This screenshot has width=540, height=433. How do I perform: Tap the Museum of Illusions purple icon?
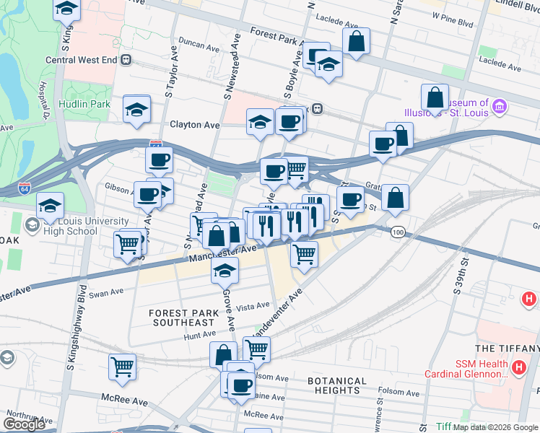(x=499, y=109)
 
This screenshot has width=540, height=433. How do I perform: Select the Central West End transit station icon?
(x=126, y=60)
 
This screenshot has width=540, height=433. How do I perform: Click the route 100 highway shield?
(x=397, y=232)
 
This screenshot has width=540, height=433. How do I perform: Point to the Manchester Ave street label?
(x=223, y=253)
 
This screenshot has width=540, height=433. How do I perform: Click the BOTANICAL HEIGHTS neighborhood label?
(x=336, y=385)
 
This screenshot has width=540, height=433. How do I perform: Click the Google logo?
(x=25, y=424)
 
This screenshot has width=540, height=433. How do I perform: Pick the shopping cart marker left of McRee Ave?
(x=123, y=367)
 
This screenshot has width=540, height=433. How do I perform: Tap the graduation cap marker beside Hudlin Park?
(x=136, y=110)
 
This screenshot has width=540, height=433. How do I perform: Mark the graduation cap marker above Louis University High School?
(x=50, y=206)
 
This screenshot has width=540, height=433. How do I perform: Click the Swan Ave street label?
(x=106, y=292)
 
